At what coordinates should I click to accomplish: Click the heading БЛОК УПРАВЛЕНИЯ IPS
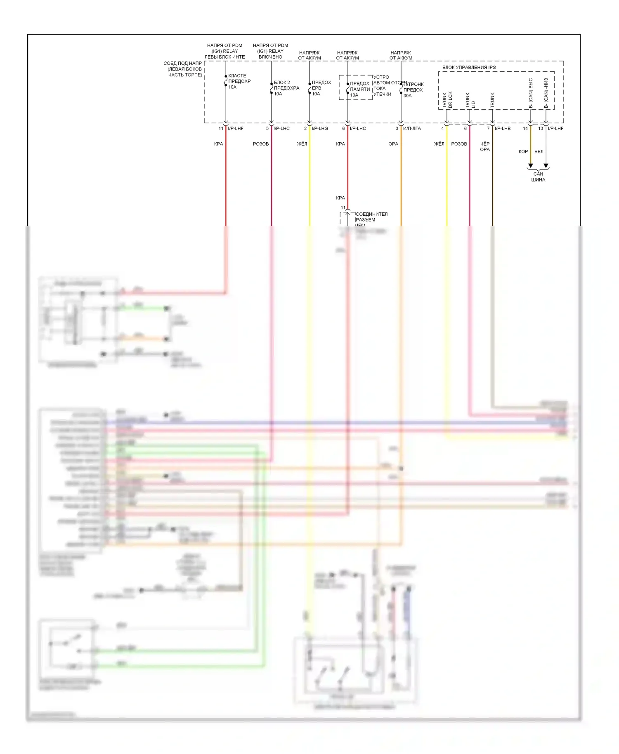point(469,67)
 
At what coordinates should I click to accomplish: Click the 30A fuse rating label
point(407,96)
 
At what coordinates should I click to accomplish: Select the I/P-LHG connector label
point(320,129)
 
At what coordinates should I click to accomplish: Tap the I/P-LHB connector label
point(503,129)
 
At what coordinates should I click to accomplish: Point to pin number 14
point(525,129)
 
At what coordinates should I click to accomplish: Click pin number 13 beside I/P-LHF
point(541,129)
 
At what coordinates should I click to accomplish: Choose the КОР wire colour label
point(523,151)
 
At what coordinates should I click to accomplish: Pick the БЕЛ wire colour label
point(539,151)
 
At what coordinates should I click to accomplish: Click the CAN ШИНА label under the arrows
point(538,177)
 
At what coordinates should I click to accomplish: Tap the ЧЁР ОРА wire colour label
point(485,146)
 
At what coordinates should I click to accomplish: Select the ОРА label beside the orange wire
point(393,144)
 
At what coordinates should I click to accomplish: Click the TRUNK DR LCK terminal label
point(447,100)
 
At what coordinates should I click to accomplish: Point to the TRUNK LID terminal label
point(470,100)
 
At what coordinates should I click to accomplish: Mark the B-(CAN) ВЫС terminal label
point(531,93)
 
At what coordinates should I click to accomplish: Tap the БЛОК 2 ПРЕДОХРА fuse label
point(286,85)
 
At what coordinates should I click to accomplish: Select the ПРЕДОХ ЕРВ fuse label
point(321,85)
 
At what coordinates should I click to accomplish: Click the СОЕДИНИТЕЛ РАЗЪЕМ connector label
point(371,217)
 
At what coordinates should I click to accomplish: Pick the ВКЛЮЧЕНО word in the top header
point(270,57)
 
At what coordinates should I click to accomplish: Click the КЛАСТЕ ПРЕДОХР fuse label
point(239,78)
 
